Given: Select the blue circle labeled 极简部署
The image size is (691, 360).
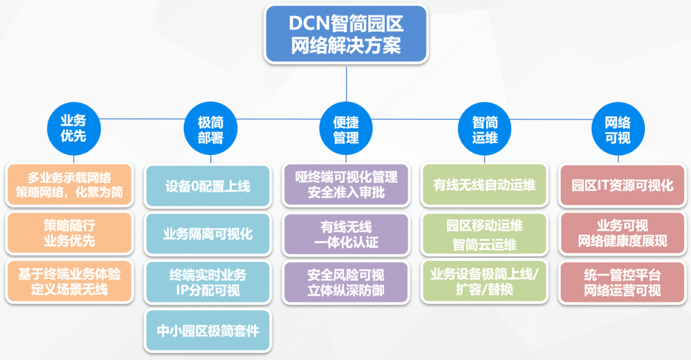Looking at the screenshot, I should pos(210,130).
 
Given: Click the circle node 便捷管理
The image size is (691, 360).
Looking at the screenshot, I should pos(346,130).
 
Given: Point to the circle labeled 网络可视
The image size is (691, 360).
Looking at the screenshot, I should pos(617,130).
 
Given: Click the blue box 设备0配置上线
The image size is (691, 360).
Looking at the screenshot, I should pos(208,187).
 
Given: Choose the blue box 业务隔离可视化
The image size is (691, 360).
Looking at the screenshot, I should pos(208,234).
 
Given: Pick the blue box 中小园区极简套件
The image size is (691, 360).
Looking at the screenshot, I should pos(208,331).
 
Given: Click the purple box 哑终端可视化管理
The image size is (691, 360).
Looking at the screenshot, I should pos(346,184).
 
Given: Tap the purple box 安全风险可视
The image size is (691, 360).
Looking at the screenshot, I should pos(346,282).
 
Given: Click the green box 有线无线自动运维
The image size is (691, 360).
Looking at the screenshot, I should pos(485,185).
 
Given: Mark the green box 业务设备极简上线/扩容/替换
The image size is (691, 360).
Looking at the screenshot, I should pos(485,282).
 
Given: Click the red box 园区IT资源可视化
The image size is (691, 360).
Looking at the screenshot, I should pos(622,185).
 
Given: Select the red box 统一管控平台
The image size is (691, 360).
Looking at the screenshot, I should pos(622,282).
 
